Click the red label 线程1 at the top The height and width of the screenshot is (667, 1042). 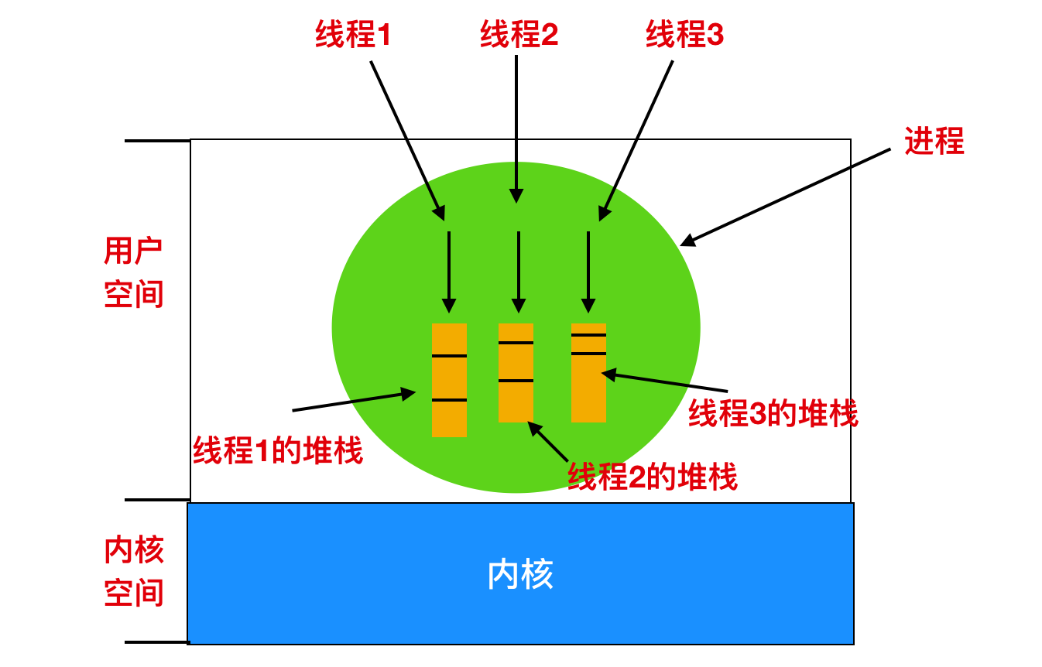[353, 35]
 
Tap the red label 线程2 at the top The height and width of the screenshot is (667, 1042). [519, 35]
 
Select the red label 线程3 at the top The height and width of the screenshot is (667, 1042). [684, 35]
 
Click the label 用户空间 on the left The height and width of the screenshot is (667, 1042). [134, 272]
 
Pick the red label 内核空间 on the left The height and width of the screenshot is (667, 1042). [134, 572]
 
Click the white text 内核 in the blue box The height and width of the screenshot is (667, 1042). [520, 575]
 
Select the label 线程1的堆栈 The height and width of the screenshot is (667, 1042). [278, 450]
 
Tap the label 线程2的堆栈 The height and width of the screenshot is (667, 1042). [653, 477]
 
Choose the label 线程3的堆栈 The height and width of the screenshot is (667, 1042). [773, 414]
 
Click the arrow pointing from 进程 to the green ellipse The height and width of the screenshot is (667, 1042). [786, 197]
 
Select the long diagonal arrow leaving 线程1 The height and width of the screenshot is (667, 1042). [407, 139]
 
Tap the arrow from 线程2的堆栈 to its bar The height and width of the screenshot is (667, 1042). [549, 441]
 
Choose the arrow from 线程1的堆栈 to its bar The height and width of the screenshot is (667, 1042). [354, 402]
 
